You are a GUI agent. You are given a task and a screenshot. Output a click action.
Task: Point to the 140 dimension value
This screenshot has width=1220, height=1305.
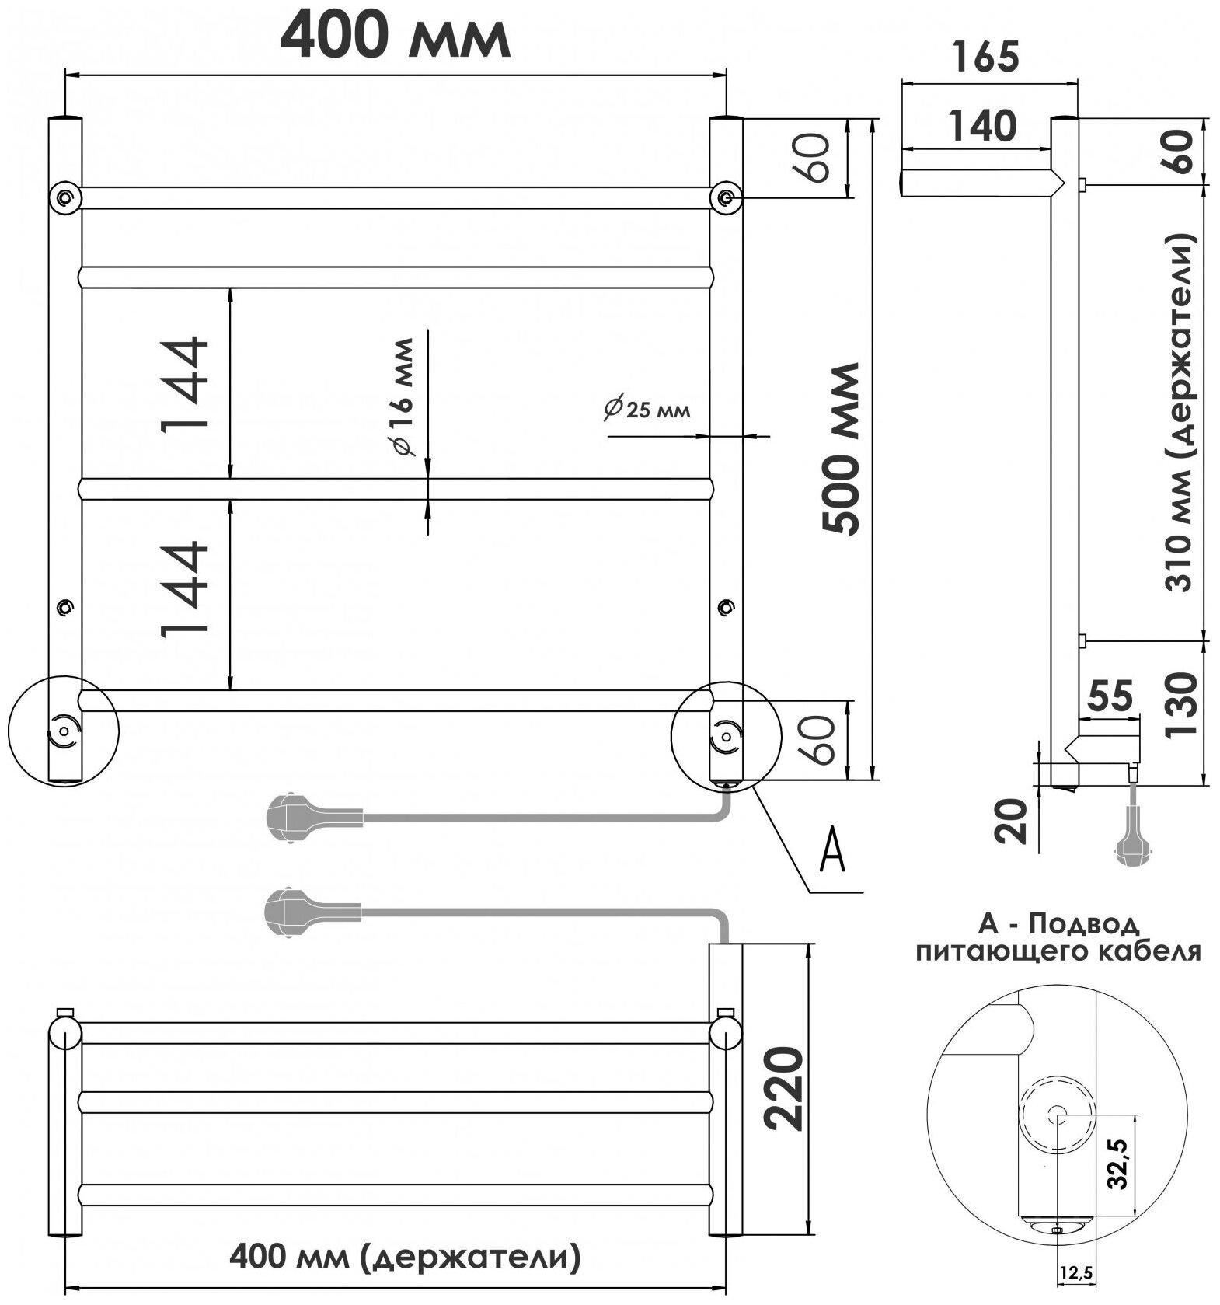point(982,126)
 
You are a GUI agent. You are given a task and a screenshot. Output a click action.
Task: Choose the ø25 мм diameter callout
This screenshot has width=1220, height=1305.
point(647,409)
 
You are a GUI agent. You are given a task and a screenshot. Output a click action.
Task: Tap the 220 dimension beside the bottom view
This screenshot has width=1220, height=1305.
point(781,1087)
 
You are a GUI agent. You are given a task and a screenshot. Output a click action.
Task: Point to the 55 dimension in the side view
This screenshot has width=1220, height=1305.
point(1111,696)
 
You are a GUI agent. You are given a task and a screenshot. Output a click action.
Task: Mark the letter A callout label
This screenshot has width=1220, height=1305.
point(832,852)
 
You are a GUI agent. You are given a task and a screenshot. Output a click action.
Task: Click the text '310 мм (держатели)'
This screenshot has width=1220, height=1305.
point(1182,413)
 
